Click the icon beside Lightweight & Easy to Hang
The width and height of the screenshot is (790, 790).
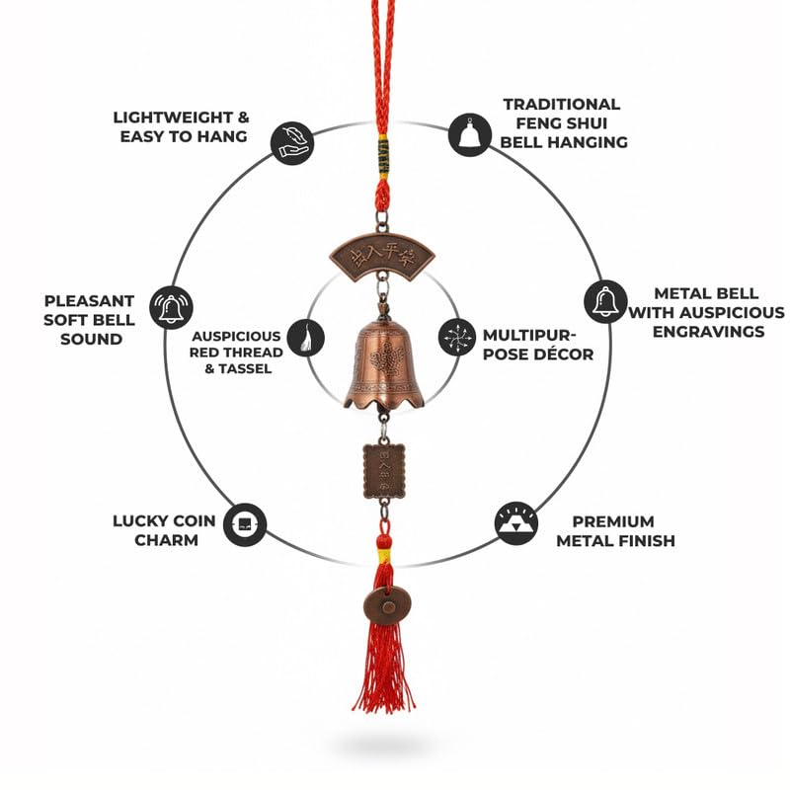(291, 143)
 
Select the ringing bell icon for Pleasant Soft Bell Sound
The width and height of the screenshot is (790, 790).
(171, 306)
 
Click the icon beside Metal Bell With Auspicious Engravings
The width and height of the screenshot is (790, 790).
(604, 301)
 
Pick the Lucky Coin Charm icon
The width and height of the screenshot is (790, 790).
(244, 524)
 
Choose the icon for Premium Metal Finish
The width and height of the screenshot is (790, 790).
(516, 523)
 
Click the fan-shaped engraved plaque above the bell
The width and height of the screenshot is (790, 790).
(382, 258)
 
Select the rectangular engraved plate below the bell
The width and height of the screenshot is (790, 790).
(383, 469)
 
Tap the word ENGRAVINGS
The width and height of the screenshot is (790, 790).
(709, 332)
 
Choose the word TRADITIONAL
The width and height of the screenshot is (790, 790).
(561, 104)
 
